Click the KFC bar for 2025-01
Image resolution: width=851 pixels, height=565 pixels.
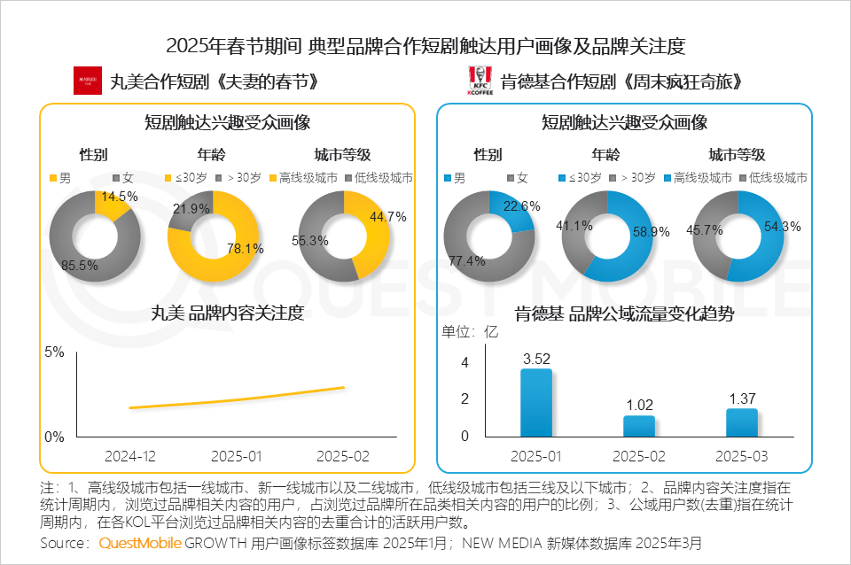pyautogui.click(x=535, y=402)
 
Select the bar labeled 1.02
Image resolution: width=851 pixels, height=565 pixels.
pyautogui.click(x=638, y=426)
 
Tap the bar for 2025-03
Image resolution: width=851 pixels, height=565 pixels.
pyautogui.click(x=742, y=422)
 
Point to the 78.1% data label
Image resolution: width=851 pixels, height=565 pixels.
pyautogui.click(x=246, y=249)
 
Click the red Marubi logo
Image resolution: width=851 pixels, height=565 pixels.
pyautogui.click(x=87, y=81)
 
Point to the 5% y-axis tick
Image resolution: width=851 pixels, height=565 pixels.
pyautogui.click(x=54, y=352)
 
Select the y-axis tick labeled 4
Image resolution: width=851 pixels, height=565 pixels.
pyautogui.click(x=465, y=363)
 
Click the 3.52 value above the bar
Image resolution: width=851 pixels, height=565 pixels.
pyautogui.click(x=536, y=359)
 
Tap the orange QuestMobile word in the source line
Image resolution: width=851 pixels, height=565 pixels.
pyautogui.click(x=140, y=542)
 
